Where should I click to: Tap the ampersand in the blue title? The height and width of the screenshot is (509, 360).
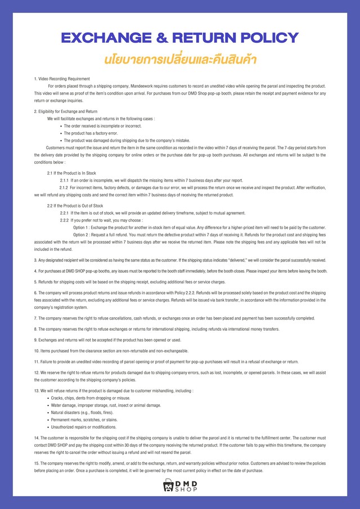(x=159, y=38)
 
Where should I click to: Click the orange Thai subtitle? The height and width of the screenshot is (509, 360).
(x=180, y=58)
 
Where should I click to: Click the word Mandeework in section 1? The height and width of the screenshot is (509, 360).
(x=148, y=86)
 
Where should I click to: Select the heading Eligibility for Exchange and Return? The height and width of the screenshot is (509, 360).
(x=67, y=111)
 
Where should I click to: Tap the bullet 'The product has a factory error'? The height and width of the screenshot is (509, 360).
(x=91, y=133)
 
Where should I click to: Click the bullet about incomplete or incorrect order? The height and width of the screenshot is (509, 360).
(x=98, y=126)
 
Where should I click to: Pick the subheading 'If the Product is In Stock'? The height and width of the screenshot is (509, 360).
(x=73, y=173)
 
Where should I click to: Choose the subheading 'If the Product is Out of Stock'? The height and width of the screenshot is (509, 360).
(x=76, y=206)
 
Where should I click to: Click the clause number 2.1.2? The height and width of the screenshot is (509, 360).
(x=64, y=187)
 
